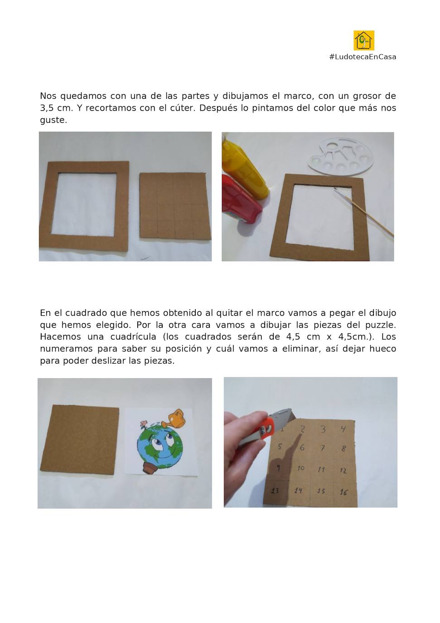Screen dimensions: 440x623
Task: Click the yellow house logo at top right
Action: click(363, 40)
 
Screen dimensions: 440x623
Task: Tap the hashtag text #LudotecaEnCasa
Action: click(363, 57)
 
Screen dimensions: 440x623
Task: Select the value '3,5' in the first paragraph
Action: click(46, 108)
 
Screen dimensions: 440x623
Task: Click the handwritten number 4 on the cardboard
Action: click(343, 428)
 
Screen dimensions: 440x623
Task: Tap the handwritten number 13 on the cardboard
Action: click(275, 490)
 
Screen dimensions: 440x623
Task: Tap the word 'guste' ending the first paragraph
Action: click(53, 120)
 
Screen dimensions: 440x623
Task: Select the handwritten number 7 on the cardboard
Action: click(323, 448)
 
